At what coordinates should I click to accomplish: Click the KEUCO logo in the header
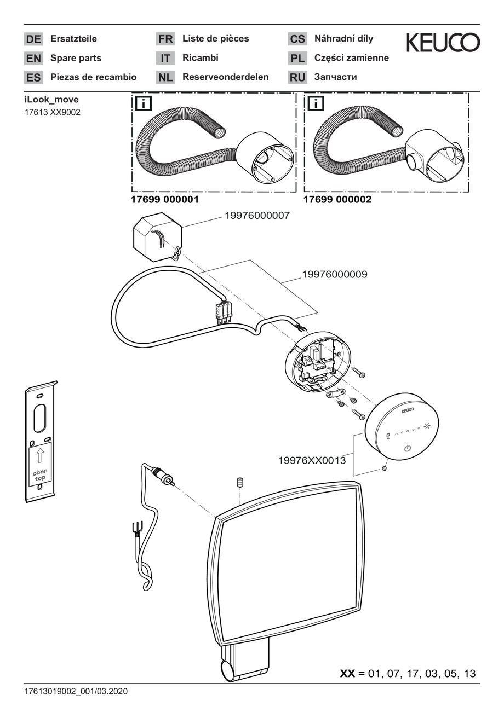pos(443,42)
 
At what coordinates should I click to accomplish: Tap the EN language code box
pos(33,59)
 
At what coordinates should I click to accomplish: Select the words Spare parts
pos(76,58)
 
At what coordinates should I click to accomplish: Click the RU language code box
pos(297,77)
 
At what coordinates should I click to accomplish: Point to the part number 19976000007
pos(257,216)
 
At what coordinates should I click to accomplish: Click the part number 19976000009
pos(334,274)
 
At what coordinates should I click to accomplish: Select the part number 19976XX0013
pos(312,460)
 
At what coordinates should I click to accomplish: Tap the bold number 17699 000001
pos(165,200)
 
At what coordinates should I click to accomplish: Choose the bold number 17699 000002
pos(337,200)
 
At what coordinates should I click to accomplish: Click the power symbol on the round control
pos(408,449)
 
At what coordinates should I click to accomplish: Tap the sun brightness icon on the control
pos(427,425)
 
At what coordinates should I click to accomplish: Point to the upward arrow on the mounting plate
pos(40,455)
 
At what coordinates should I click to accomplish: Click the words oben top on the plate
pos(40,474)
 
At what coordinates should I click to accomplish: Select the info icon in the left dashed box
pos(144,103)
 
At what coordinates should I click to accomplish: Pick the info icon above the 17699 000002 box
pos(316,103)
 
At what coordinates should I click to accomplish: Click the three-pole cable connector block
pos(224,313)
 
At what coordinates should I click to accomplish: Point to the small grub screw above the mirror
pos(240,482)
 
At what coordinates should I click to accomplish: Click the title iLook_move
pos(51,100)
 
